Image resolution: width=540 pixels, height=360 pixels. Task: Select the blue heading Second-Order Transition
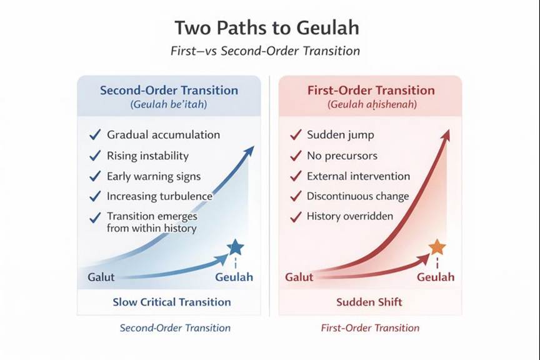pos(169,90)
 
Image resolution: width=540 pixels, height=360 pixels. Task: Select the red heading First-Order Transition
pos(371,90)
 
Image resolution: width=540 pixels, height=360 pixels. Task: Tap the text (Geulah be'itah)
pos(169,105)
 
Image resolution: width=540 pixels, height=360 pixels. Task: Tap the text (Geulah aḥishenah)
pos(371,105)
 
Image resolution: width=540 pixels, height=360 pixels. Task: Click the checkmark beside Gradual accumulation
pos(95,135)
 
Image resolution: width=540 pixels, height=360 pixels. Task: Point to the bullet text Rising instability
pos(147,156)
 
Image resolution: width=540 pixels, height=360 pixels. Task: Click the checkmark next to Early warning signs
pos(95,176)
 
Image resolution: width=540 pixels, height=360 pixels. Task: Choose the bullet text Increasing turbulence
pos(159,196)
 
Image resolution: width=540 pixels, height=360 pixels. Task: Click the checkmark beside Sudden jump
pos(296,135)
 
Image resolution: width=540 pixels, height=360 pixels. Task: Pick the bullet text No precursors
pos(342,156)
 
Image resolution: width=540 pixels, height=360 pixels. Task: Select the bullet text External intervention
pos(358,176)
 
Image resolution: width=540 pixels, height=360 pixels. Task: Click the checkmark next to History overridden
pos(296,217)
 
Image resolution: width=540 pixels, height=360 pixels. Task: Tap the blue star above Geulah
pos(235,247)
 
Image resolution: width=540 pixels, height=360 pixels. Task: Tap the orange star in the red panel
pos(437,247)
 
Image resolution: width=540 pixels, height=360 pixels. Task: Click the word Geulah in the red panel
pos(436,277)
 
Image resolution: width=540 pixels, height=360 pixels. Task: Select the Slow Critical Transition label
pos(171,302)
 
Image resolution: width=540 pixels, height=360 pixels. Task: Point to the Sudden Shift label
pos(369,302)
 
